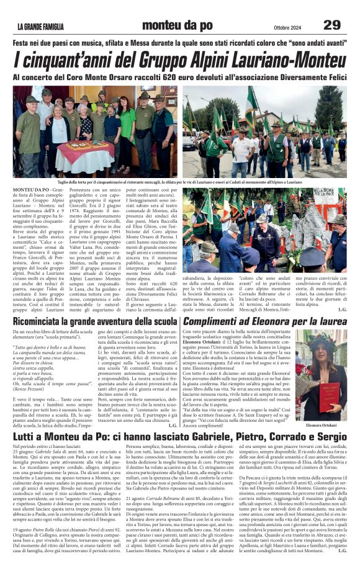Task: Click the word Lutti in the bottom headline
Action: (x=26, y=437)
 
